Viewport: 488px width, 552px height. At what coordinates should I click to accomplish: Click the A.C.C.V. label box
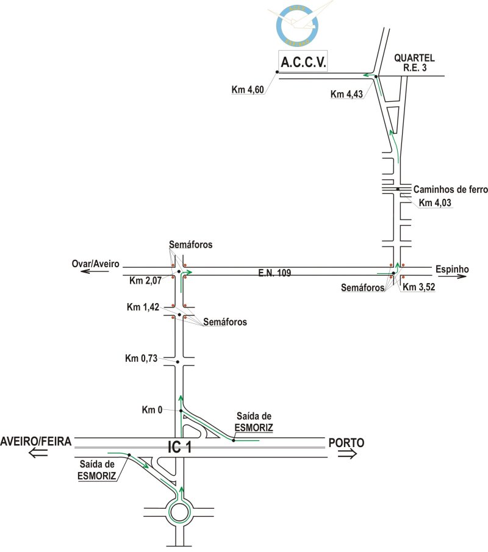coord(303,62)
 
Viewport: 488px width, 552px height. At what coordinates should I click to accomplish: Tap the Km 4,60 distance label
coord(248,90)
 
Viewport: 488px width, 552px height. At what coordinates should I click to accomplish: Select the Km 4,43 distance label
coord(346,94)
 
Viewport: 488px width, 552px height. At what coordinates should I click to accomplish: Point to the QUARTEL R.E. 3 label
coord(414,63)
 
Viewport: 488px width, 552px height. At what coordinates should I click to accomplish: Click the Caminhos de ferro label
coord(450,190)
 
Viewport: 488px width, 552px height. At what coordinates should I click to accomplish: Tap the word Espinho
coord(451,268)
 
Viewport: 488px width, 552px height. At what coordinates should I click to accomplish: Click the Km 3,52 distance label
coord(419,287)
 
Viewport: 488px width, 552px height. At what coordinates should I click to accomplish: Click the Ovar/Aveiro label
coord(96,265)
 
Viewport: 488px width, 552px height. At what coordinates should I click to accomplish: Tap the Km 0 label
coord(152,410)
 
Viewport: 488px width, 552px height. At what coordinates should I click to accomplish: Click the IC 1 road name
coord(179,447)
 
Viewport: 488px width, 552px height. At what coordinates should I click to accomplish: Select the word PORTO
coord(346,442)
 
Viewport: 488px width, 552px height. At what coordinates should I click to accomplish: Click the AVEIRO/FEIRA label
coord(36,441)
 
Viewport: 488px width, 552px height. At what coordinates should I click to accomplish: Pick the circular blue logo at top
coord(297,26)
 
